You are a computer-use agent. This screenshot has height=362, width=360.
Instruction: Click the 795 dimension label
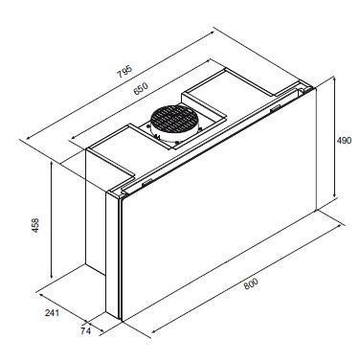[124, 72]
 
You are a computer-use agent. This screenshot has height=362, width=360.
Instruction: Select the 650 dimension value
[141, 89]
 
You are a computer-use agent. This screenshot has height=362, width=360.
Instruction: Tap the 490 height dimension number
[344, 140]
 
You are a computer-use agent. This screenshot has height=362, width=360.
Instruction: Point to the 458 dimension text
[35, 225]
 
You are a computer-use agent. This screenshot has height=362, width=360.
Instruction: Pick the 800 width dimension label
[251, 283]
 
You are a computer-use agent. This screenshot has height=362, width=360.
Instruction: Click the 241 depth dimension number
[52, 312]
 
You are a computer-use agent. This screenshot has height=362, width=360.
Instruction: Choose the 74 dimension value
[85, 331]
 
